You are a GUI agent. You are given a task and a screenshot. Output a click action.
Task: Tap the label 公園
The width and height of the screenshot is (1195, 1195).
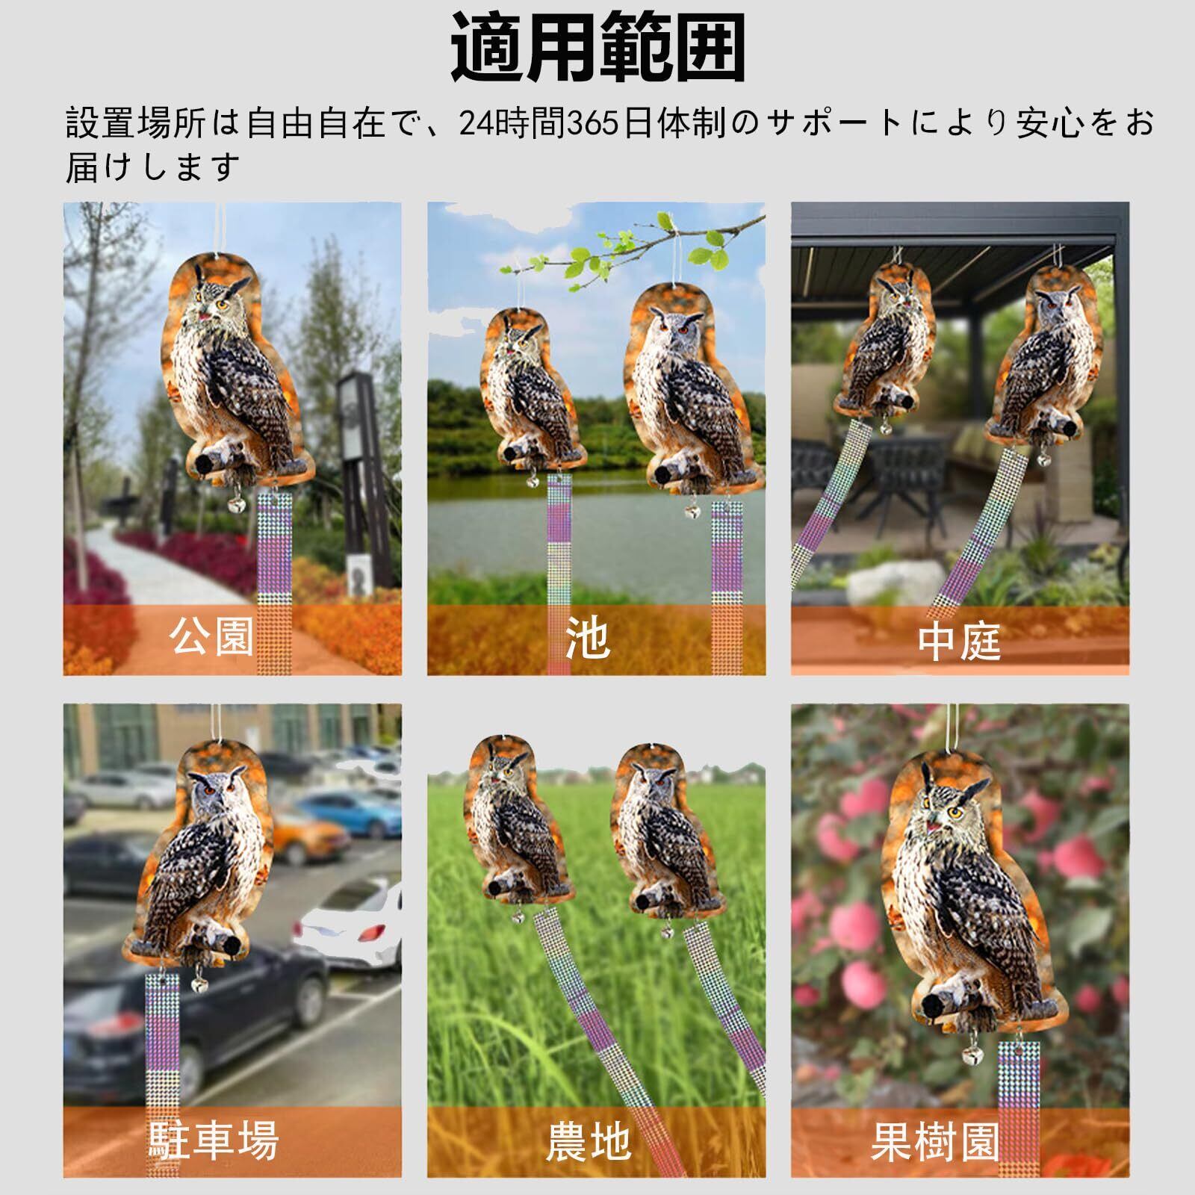[x=212, y=636]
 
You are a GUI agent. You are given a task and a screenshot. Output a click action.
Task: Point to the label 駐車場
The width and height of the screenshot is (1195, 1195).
[x=214, y=1140]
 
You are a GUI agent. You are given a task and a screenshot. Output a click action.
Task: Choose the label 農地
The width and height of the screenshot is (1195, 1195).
[x=589, y=1141]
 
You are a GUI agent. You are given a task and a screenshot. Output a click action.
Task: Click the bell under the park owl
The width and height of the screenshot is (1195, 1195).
[x=236, y=503]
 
